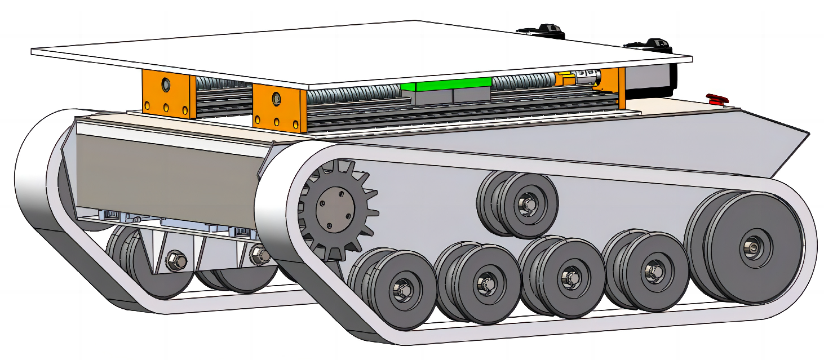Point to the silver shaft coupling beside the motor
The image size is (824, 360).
click(x=586, y=77)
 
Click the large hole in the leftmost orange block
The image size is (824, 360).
click(x=166, y=85)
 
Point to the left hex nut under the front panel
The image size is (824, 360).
click(x=172, y=260)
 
